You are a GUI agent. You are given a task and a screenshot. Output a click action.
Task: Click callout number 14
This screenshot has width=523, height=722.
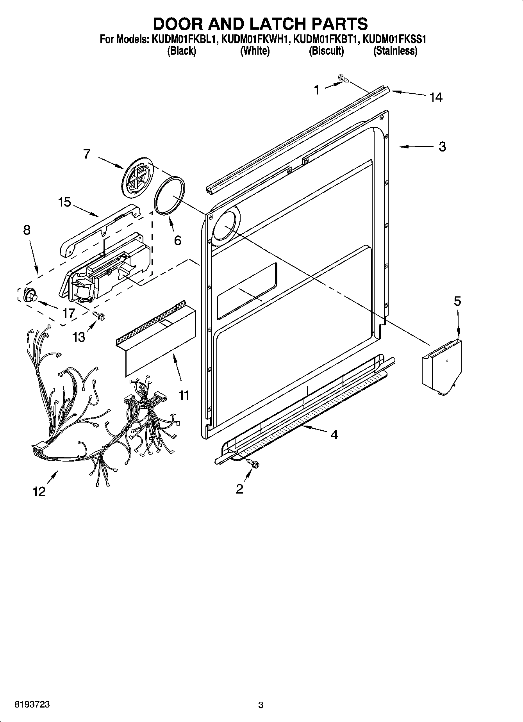[x=436, y=97]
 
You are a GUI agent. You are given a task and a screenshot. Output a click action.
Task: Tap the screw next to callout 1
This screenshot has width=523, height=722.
[x=343, y=79]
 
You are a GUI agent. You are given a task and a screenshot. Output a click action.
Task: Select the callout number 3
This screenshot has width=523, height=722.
[x=442, y=147]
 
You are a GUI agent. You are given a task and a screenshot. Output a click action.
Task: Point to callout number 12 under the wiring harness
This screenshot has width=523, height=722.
[x=39, y=491]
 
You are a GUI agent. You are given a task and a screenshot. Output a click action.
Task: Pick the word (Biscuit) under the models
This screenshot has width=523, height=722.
[x=326, y=51]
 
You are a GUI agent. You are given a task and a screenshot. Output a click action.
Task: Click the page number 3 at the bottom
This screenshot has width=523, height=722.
[x=261, y=705]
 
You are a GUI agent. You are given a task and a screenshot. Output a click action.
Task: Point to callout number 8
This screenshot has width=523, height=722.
[x=27, y=230]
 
